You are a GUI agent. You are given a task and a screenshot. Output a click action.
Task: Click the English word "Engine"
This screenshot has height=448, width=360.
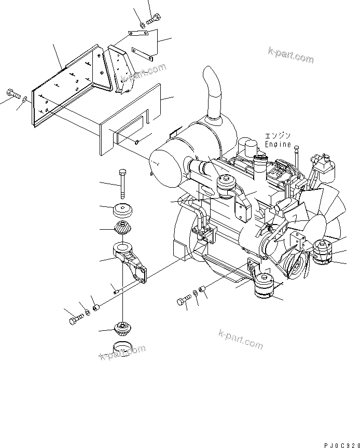278,144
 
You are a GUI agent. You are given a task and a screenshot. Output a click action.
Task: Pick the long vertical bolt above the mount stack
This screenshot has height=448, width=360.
122,184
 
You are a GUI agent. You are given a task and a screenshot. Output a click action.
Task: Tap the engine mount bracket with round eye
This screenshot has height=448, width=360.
130,260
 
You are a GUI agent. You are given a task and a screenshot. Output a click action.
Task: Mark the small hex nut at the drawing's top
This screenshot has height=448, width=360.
142,24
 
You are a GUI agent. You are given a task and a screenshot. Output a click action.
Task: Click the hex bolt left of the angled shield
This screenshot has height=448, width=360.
13,94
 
